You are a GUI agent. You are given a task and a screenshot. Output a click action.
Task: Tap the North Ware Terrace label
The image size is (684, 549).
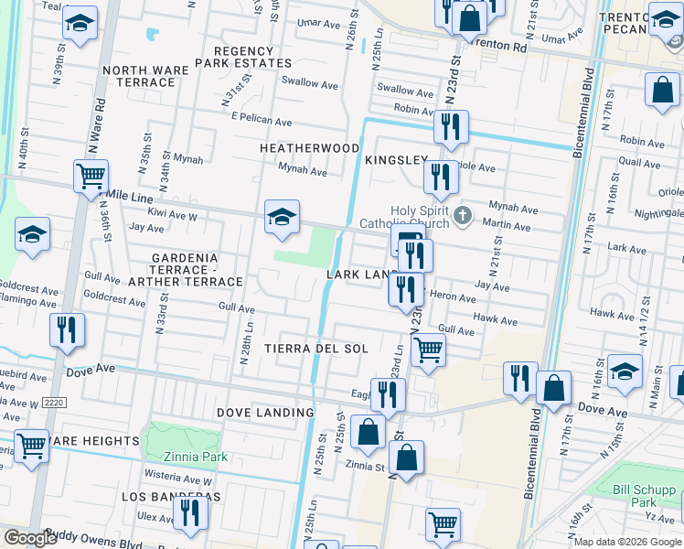coord(139,76)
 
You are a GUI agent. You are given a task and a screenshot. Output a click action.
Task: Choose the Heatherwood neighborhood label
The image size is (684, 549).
coord(309,147)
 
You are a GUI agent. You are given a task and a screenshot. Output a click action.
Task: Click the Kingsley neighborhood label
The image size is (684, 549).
coord(396,159)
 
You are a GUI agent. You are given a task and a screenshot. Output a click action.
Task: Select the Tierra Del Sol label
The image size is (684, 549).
coord(316,349)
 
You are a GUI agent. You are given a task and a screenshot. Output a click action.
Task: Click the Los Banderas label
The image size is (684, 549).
coord(172,496)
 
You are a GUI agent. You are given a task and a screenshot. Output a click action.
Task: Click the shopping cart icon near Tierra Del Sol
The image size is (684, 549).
coord(428,349)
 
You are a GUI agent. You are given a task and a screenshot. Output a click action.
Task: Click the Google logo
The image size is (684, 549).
coord(30,538)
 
